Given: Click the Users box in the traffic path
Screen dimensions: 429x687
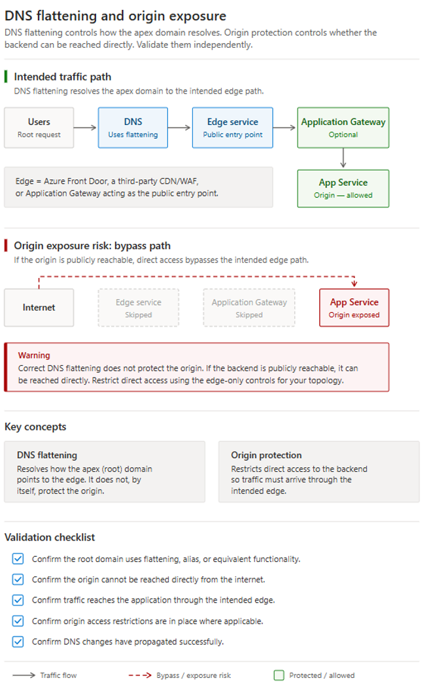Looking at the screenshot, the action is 39,128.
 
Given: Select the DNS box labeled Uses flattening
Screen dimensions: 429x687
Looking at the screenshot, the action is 133,128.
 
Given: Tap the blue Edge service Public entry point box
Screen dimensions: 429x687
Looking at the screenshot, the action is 232,128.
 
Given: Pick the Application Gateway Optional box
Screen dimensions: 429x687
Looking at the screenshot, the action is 343,128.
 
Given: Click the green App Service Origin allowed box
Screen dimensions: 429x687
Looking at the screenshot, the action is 343,188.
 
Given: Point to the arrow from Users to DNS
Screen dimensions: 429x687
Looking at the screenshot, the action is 85,128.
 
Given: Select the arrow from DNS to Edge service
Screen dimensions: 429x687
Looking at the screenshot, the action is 179,128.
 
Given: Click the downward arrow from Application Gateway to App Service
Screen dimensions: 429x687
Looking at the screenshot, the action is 343,158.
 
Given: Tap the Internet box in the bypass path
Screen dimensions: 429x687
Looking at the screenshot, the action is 39,308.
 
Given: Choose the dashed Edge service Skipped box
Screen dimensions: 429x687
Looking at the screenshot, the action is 139,308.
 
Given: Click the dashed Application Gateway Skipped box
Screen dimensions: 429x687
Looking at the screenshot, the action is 249,308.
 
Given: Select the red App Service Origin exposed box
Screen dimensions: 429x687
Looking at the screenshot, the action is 354,308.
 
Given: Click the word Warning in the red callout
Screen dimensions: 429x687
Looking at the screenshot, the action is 34,355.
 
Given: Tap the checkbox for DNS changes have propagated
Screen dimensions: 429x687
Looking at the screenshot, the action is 18,641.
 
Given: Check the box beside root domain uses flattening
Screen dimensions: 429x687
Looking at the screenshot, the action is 18,559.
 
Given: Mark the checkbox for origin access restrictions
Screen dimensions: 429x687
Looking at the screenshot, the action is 18,621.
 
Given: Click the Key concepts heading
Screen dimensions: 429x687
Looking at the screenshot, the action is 35,427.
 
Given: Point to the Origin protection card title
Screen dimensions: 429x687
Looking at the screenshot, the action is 266,455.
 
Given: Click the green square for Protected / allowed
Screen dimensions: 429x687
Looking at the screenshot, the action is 279,675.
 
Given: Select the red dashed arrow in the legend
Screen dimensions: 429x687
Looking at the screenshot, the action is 140,675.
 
